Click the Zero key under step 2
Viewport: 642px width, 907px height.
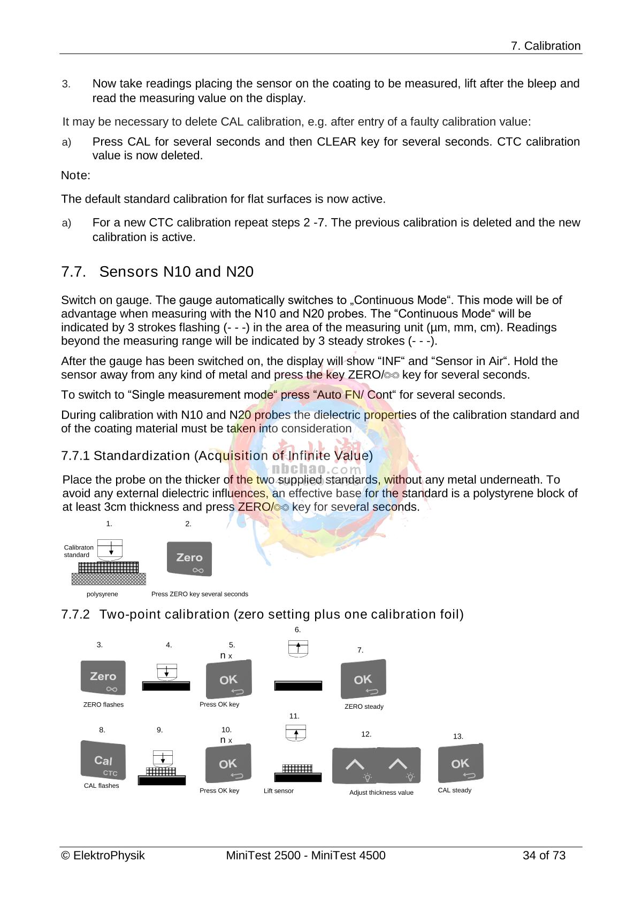tap(189, 559)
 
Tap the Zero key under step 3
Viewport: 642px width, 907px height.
tap(103, 678)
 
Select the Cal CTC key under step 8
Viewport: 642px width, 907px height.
tap(103, 760)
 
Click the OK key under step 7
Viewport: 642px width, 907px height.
tap(363, 679)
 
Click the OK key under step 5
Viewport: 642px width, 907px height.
tap(228, 679)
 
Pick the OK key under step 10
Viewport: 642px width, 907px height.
tap(228, 764)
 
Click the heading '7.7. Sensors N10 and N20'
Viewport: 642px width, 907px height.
tap(157, 272)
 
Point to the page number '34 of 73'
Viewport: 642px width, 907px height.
tap(544, 856)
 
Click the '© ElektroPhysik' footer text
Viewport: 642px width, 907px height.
tap(103, 856)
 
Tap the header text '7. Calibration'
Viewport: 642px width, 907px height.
tap(545, 46)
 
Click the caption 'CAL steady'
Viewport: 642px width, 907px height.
tap(454, 790)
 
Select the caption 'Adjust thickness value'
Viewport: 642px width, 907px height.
tap(381, 793)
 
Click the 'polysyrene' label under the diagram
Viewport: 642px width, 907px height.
tap(102, 594)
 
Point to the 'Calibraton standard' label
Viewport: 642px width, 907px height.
tap(78, 551)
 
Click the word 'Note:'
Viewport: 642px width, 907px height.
tap(75, 175)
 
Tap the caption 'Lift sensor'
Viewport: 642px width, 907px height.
tap(278, 791)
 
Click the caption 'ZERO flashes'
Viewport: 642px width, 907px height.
tap(103, 705)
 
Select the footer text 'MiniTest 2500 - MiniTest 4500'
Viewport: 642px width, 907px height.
tap(305, 856)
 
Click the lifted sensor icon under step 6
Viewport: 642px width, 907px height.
tap(298, 648)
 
